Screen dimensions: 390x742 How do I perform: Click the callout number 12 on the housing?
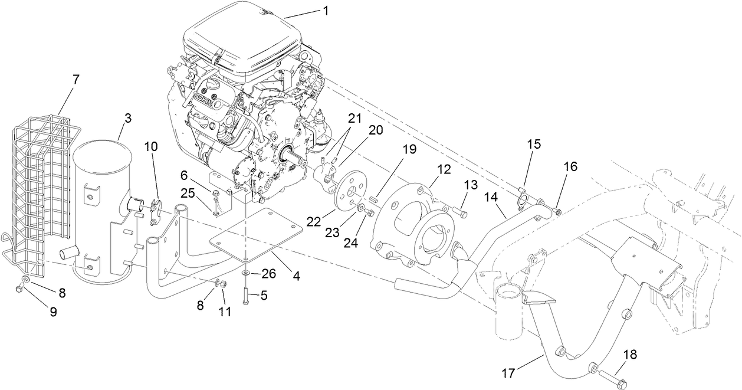point(444,169)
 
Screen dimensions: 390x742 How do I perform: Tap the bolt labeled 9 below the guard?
point(21,287)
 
